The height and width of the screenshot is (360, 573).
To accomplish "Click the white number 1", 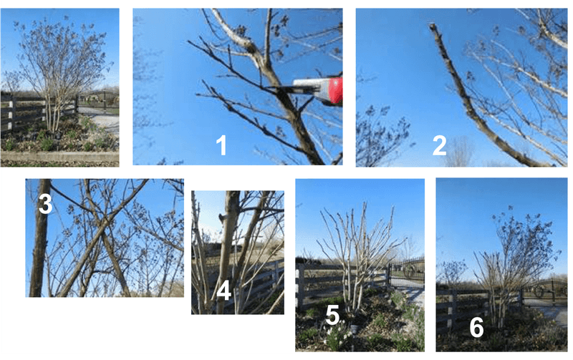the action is coord(221,145).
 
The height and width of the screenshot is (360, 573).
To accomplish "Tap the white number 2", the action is coord(439,145).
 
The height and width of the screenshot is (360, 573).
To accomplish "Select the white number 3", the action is coord(45,204).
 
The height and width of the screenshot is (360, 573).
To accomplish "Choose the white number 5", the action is coord(332,315).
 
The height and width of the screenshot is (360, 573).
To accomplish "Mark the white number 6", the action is coord(476,327).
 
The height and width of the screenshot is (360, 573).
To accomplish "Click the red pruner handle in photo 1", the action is coord(336,91).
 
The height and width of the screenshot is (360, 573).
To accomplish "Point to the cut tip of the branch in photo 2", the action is coord(433,26).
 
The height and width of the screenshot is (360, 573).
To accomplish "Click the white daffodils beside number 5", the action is coord(336,336).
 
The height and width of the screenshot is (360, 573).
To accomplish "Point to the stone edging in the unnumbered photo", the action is coord(59,157).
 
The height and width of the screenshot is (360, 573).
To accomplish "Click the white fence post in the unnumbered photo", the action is coord(11,115).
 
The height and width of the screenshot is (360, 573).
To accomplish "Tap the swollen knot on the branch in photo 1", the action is coord(250,45).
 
